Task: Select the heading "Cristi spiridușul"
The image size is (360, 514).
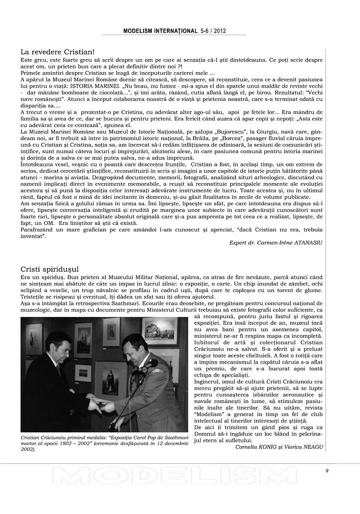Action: (50, 269)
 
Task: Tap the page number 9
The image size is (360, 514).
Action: (327, 471)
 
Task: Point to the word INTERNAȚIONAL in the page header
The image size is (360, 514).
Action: (173, 30)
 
